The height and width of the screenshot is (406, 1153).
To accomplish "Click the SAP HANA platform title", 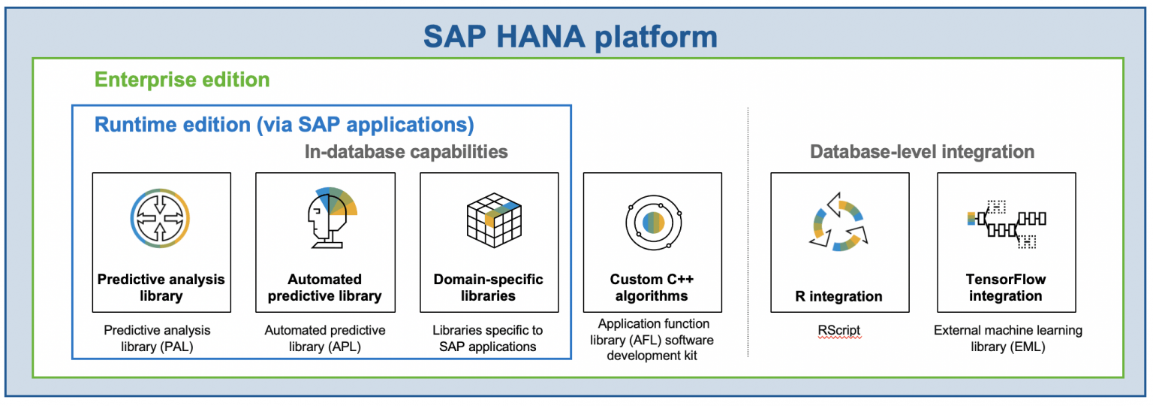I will click(570, 36).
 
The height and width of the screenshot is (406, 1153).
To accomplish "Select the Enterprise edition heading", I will click(182, 80).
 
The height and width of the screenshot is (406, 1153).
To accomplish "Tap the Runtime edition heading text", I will click(284, 124).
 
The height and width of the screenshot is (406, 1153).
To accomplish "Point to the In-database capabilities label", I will click(406, 152).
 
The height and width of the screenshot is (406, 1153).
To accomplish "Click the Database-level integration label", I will click(922, 152).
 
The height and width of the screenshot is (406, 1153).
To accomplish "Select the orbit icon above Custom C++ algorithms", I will click(652, 222).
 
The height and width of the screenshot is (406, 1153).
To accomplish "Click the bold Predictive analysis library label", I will click(161, 287).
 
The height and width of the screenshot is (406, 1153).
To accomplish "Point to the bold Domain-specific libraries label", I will click(489, 287).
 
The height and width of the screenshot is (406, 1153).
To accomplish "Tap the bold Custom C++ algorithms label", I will click(652, 287).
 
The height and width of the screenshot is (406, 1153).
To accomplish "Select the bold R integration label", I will click(839, 295).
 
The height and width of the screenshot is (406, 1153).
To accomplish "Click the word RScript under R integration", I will click(839, 331).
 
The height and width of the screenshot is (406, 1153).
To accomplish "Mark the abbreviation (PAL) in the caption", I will click(189, 347).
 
